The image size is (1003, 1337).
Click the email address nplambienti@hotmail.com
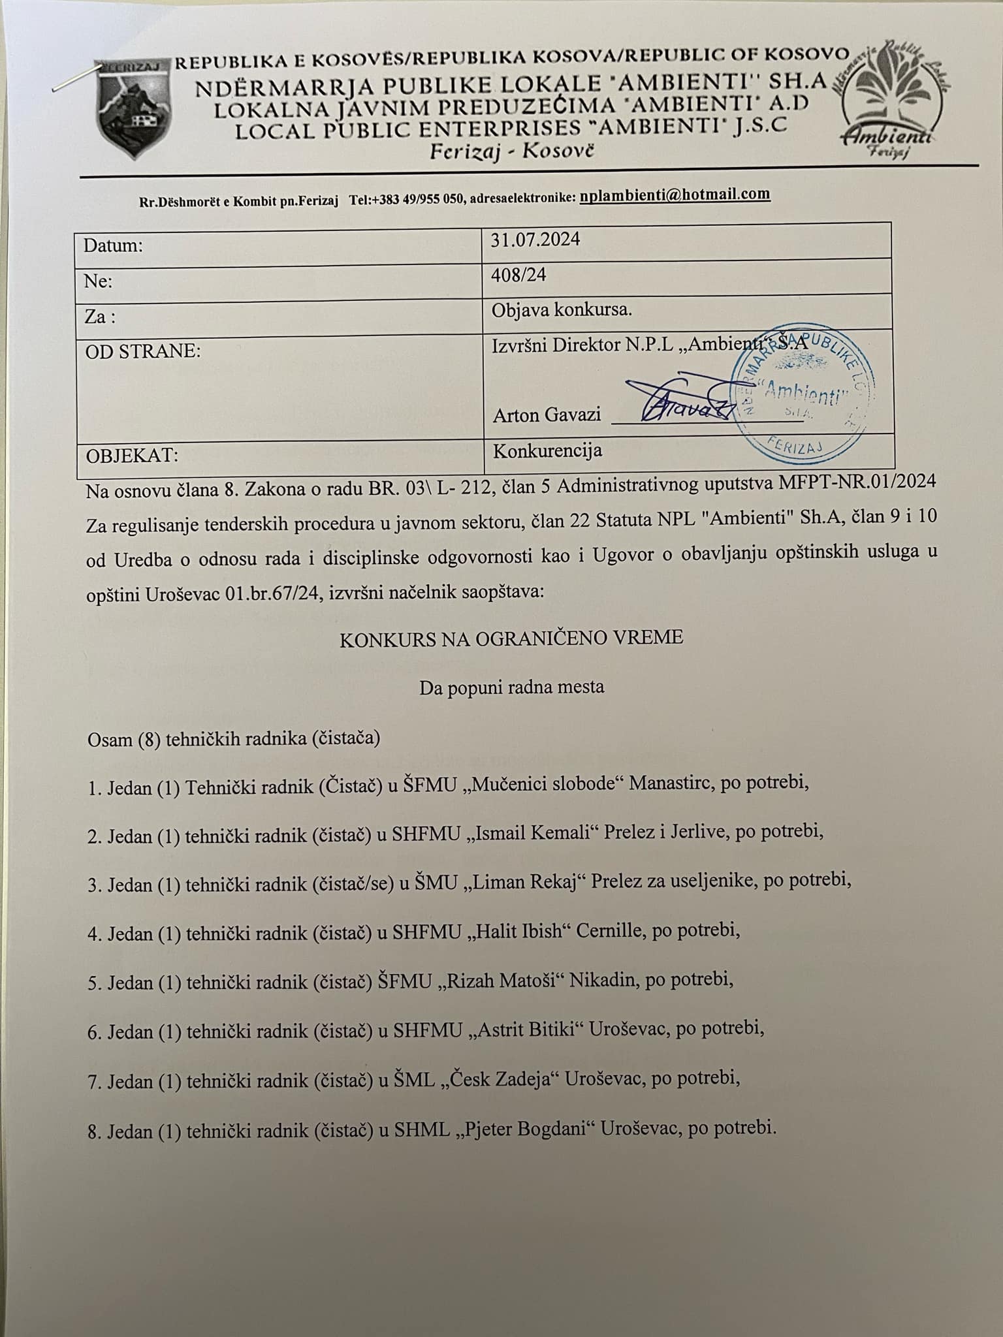pyautogui.click(x=675, y=195)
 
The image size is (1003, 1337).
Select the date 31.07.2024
pyautogui.click(x=535, y=240)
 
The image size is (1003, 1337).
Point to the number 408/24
pyautogui.click(x=518, y=275)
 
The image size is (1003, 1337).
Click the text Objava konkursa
pyautogui.click(x=562, y=309)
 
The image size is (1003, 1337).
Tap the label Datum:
pyautogui.click(x=113, y=245)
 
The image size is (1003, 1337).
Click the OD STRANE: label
pyautogui.click(x=143, y=351)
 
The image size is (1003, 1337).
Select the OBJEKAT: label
pyautogui.click(x=131, y=455)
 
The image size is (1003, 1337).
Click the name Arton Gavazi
pyautogui.click(x=547, y=415)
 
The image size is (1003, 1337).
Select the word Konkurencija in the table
pyautogui.click(x=547, y=450)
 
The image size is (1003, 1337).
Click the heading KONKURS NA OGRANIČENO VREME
pyautogui.click(x=511, y=637)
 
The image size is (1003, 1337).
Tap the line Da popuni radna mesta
pyautogui.click(x=511, y=687)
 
